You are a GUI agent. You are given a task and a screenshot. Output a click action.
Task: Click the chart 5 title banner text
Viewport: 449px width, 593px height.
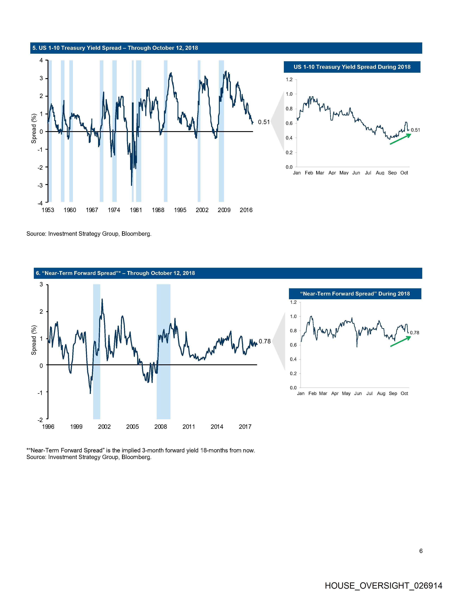[115, 48]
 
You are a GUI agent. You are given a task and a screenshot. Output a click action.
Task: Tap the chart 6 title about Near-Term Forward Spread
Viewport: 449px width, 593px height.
[115, 273]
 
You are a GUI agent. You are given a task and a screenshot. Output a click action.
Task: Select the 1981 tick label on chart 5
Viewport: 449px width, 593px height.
[136, 210]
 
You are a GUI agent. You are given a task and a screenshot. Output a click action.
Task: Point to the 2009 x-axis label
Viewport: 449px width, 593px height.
[224, 210]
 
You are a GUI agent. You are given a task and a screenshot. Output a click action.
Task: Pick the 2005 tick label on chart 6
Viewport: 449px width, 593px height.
[133, 426]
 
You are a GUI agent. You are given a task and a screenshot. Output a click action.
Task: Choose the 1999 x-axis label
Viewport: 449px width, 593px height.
[76, 426]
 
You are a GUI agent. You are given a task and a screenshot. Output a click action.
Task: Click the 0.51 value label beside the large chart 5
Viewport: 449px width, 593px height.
[264, 122]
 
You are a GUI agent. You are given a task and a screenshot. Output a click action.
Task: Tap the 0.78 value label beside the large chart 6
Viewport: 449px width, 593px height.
[265, 341]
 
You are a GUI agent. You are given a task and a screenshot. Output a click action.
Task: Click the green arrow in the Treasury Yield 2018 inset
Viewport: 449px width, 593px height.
[400, 139]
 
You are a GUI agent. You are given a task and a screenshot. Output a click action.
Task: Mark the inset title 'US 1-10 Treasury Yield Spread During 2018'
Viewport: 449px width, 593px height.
[352, 67]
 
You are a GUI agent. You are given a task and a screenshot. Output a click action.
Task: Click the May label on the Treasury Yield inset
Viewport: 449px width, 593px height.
[344, 173]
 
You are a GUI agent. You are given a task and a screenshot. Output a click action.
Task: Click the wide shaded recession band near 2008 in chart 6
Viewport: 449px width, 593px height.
[163, 352]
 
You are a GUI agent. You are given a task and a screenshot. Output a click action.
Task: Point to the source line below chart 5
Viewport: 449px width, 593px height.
[89, 234]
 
